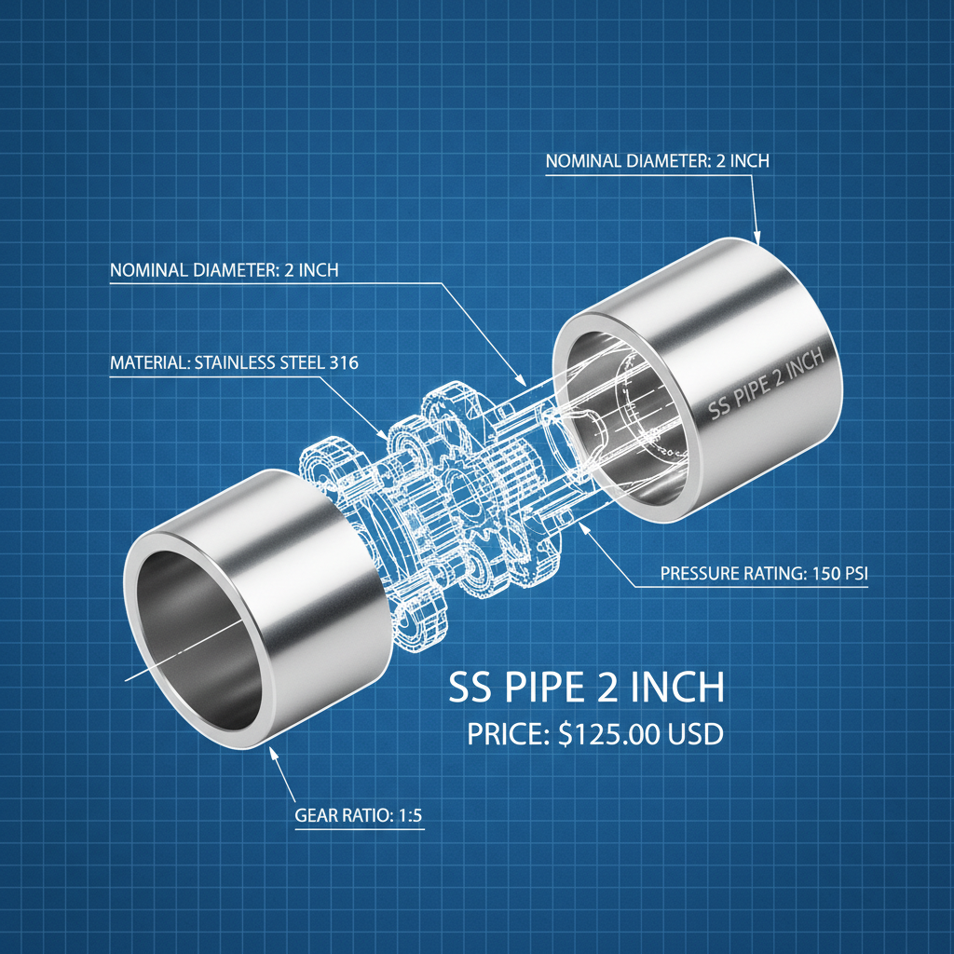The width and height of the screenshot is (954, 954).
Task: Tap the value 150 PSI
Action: coord(836,574)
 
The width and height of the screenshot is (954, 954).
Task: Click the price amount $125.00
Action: coord(611,734)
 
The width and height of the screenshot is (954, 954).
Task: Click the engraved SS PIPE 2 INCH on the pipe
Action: coord(767,383)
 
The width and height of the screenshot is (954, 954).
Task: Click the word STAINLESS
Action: coord(235,363)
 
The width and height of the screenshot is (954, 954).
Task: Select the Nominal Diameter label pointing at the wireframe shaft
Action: coord(224,271)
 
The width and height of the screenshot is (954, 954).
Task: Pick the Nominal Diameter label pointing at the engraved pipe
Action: coord(657,161)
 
